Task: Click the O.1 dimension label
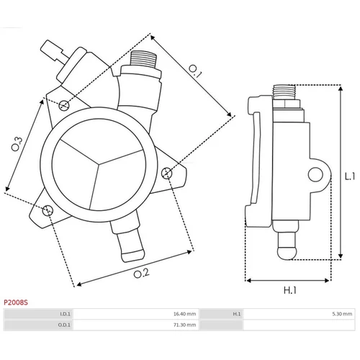[x=195, y=71]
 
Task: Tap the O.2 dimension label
[x=142, y=274]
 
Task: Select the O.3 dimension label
[x=17, y=144]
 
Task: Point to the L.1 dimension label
[x=350, y=176]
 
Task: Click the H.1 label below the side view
[x=290, y=290]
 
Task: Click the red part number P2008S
[x=16, y=302]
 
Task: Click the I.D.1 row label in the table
[x=65, y=314]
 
